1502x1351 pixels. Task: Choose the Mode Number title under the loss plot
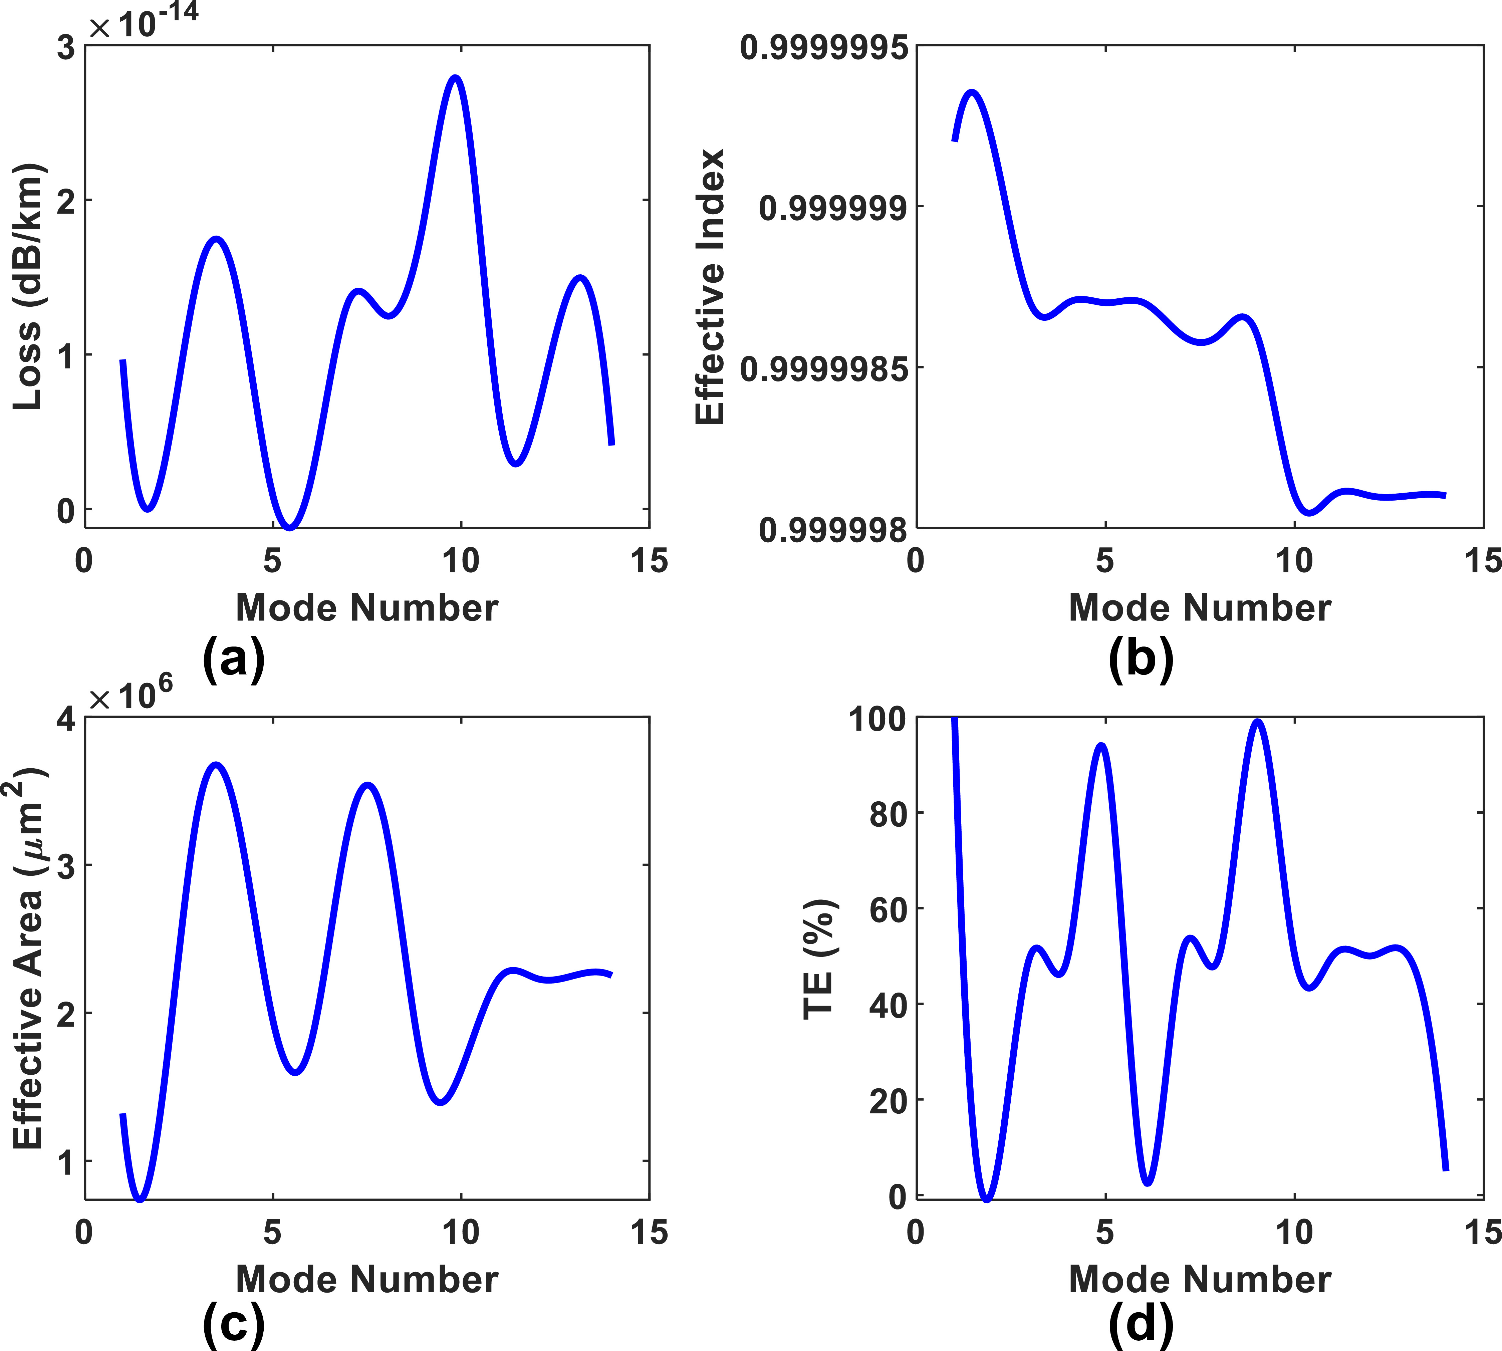367,608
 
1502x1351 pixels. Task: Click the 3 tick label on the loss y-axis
66,48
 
